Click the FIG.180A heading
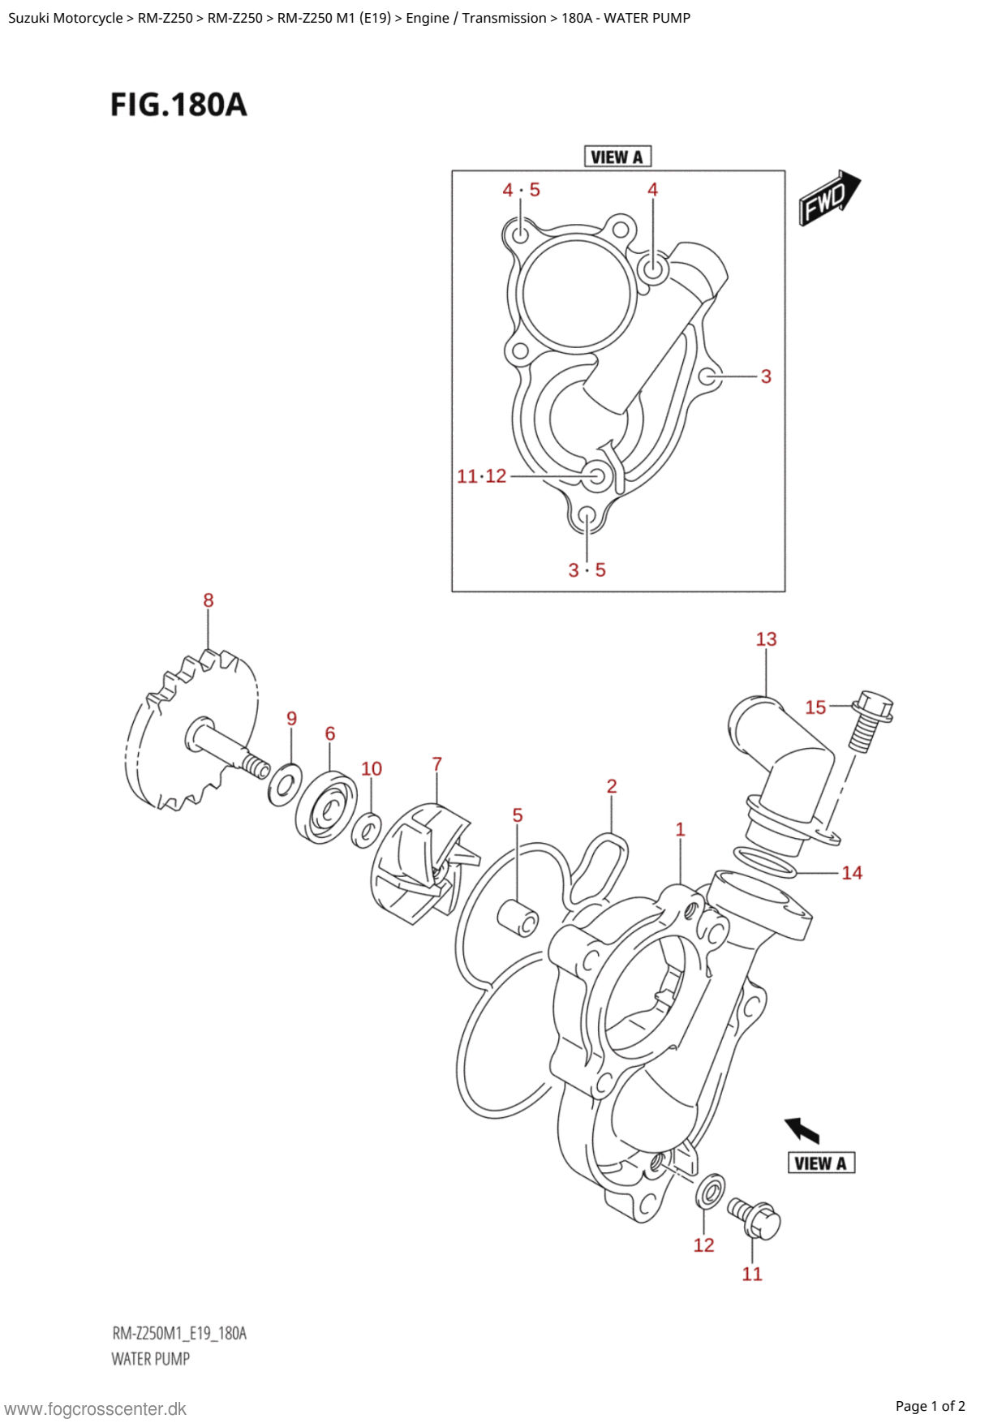pos(178,105)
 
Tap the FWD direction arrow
pos(828,197)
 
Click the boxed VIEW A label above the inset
pos(617,157)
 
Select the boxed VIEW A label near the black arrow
pos(821,1163)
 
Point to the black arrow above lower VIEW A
pos(802,1129)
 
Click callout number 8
pos(209,600)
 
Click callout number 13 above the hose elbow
pos(766,639)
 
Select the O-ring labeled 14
pos(764,862)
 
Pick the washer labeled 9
pos(285,785)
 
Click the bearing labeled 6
pos(326,807)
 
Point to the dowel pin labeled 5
pos(519,917)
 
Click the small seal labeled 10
pos(367,830)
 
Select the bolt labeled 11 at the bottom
pos(755,1218)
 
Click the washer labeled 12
pos(711,1191)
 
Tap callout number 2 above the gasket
pos(612,786)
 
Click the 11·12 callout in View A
pos(481,476)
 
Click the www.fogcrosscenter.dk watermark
pos(96,1409)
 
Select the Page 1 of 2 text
pos(930,1406)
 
